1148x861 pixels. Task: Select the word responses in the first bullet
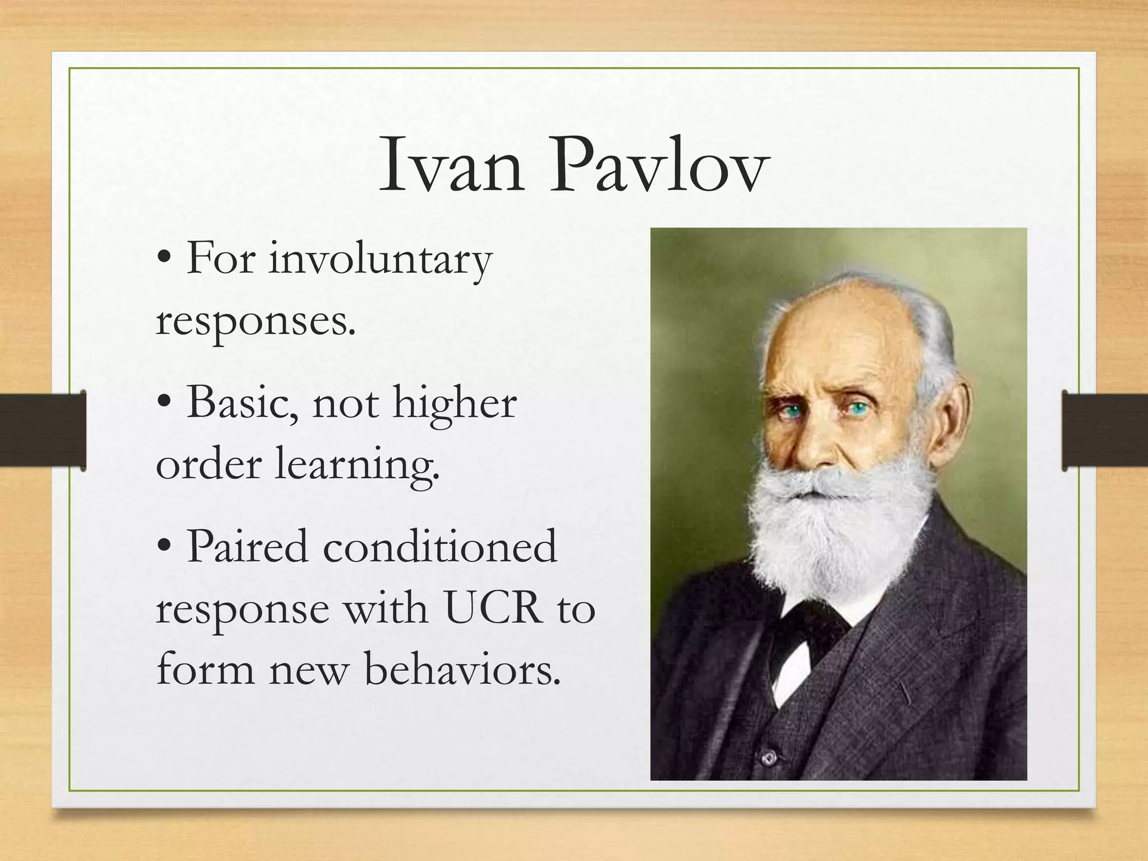(x=256, y=323)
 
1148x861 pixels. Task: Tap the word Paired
(x=247, y=547)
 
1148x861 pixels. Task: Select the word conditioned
(x=440, y=547)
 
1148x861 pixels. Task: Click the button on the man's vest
(x=769, y=758)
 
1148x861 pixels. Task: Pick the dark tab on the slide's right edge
(x=1104, y=430)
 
